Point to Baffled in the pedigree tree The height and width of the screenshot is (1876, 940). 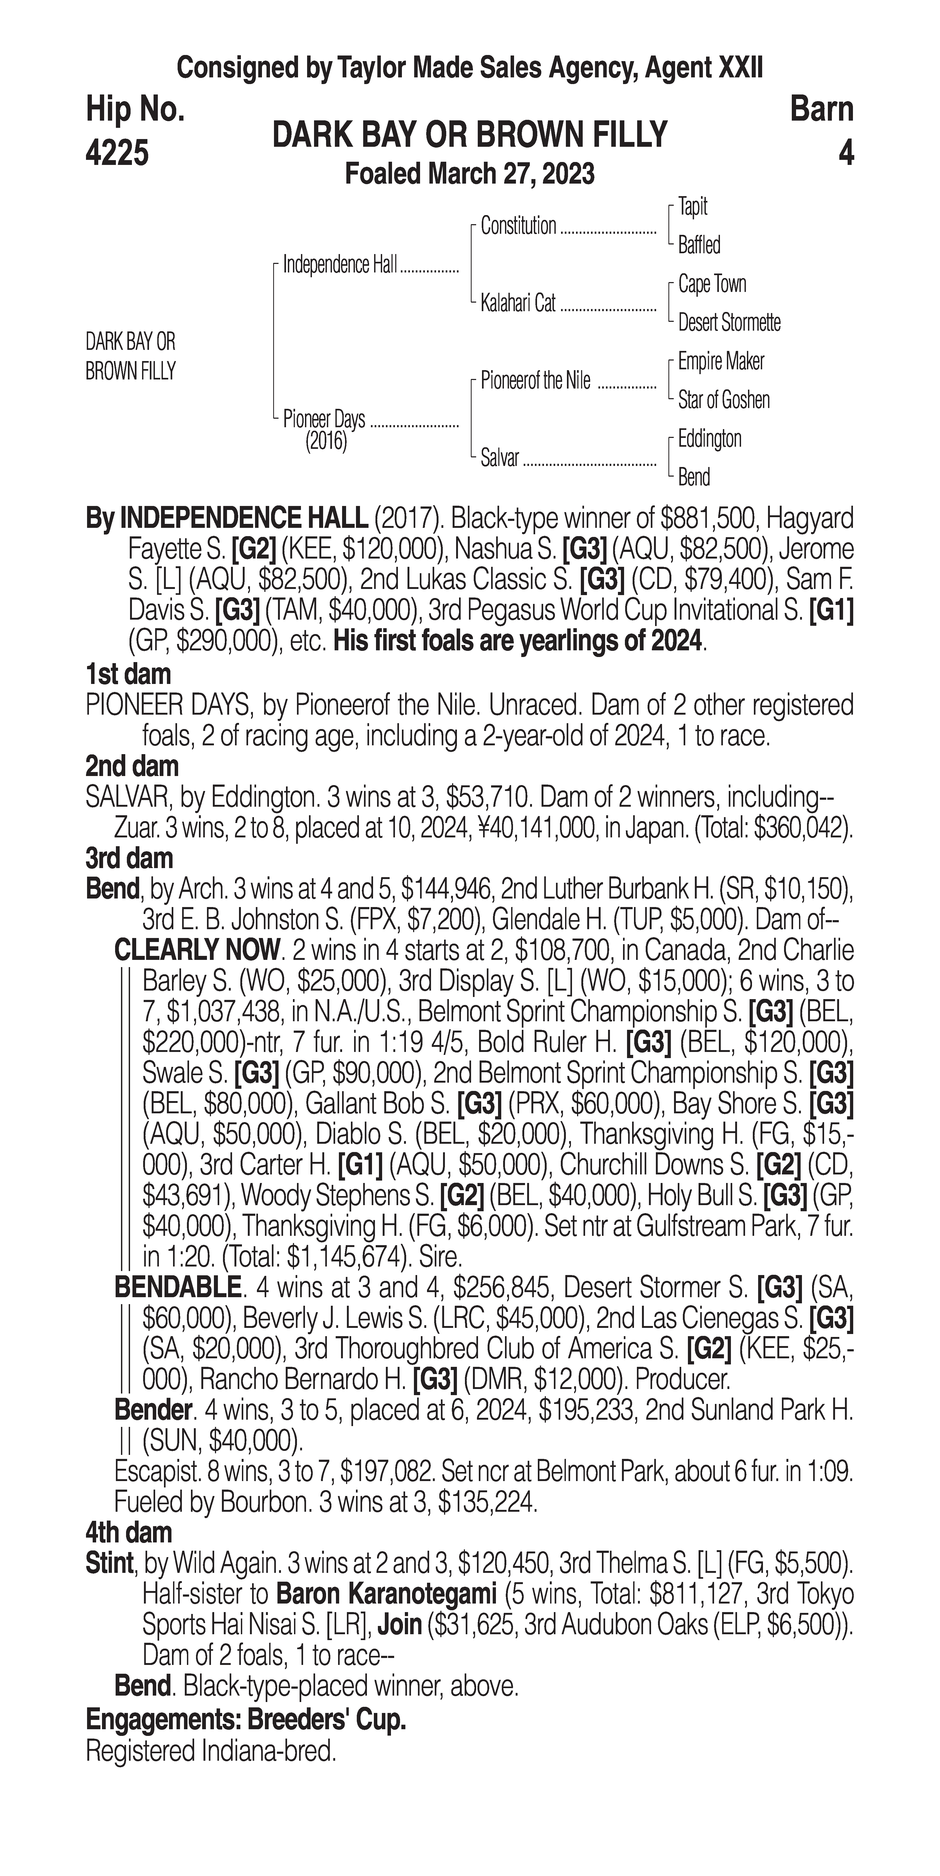tap(699, 246)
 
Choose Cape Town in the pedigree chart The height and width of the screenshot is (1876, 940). tap(712, 284)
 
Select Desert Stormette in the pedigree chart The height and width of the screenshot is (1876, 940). tap(729, 323)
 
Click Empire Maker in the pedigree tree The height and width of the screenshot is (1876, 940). tap(721, 361)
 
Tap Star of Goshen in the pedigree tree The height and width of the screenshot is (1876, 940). tap(724, 400)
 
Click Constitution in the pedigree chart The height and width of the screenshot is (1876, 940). tap(518, 227)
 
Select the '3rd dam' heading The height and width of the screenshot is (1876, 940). tap(129, 859)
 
